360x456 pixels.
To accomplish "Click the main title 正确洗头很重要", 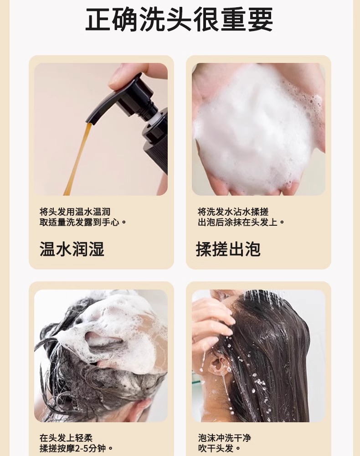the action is [179, 19].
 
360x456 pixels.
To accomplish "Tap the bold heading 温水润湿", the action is [72, 249].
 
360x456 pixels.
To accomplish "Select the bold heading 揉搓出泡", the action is [228, 249].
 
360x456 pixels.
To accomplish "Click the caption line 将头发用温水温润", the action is [75, 212].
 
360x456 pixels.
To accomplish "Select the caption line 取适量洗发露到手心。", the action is [83, 223].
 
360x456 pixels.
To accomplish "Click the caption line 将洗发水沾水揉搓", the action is [233, 212].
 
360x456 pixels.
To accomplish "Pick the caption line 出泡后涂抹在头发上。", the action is [241, 223].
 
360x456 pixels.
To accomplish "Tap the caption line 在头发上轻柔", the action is [66, 438].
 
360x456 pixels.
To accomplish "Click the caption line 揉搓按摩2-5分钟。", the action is [76, 448].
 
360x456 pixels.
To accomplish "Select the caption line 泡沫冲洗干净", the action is [224, 438].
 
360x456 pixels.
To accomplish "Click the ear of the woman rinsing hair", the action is [218, 363].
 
